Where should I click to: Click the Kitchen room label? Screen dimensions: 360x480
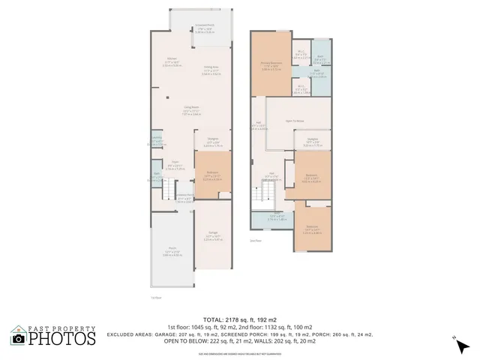coord(171,62)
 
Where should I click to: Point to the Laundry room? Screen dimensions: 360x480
coord(157,139)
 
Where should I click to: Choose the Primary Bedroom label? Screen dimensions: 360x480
coord(271,64)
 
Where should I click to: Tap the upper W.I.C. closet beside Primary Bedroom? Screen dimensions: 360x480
coord(300,53)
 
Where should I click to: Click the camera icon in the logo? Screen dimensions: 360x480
coord(18,338)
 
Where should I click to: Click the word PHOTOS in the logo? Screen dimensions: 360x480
coord(64,339)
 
